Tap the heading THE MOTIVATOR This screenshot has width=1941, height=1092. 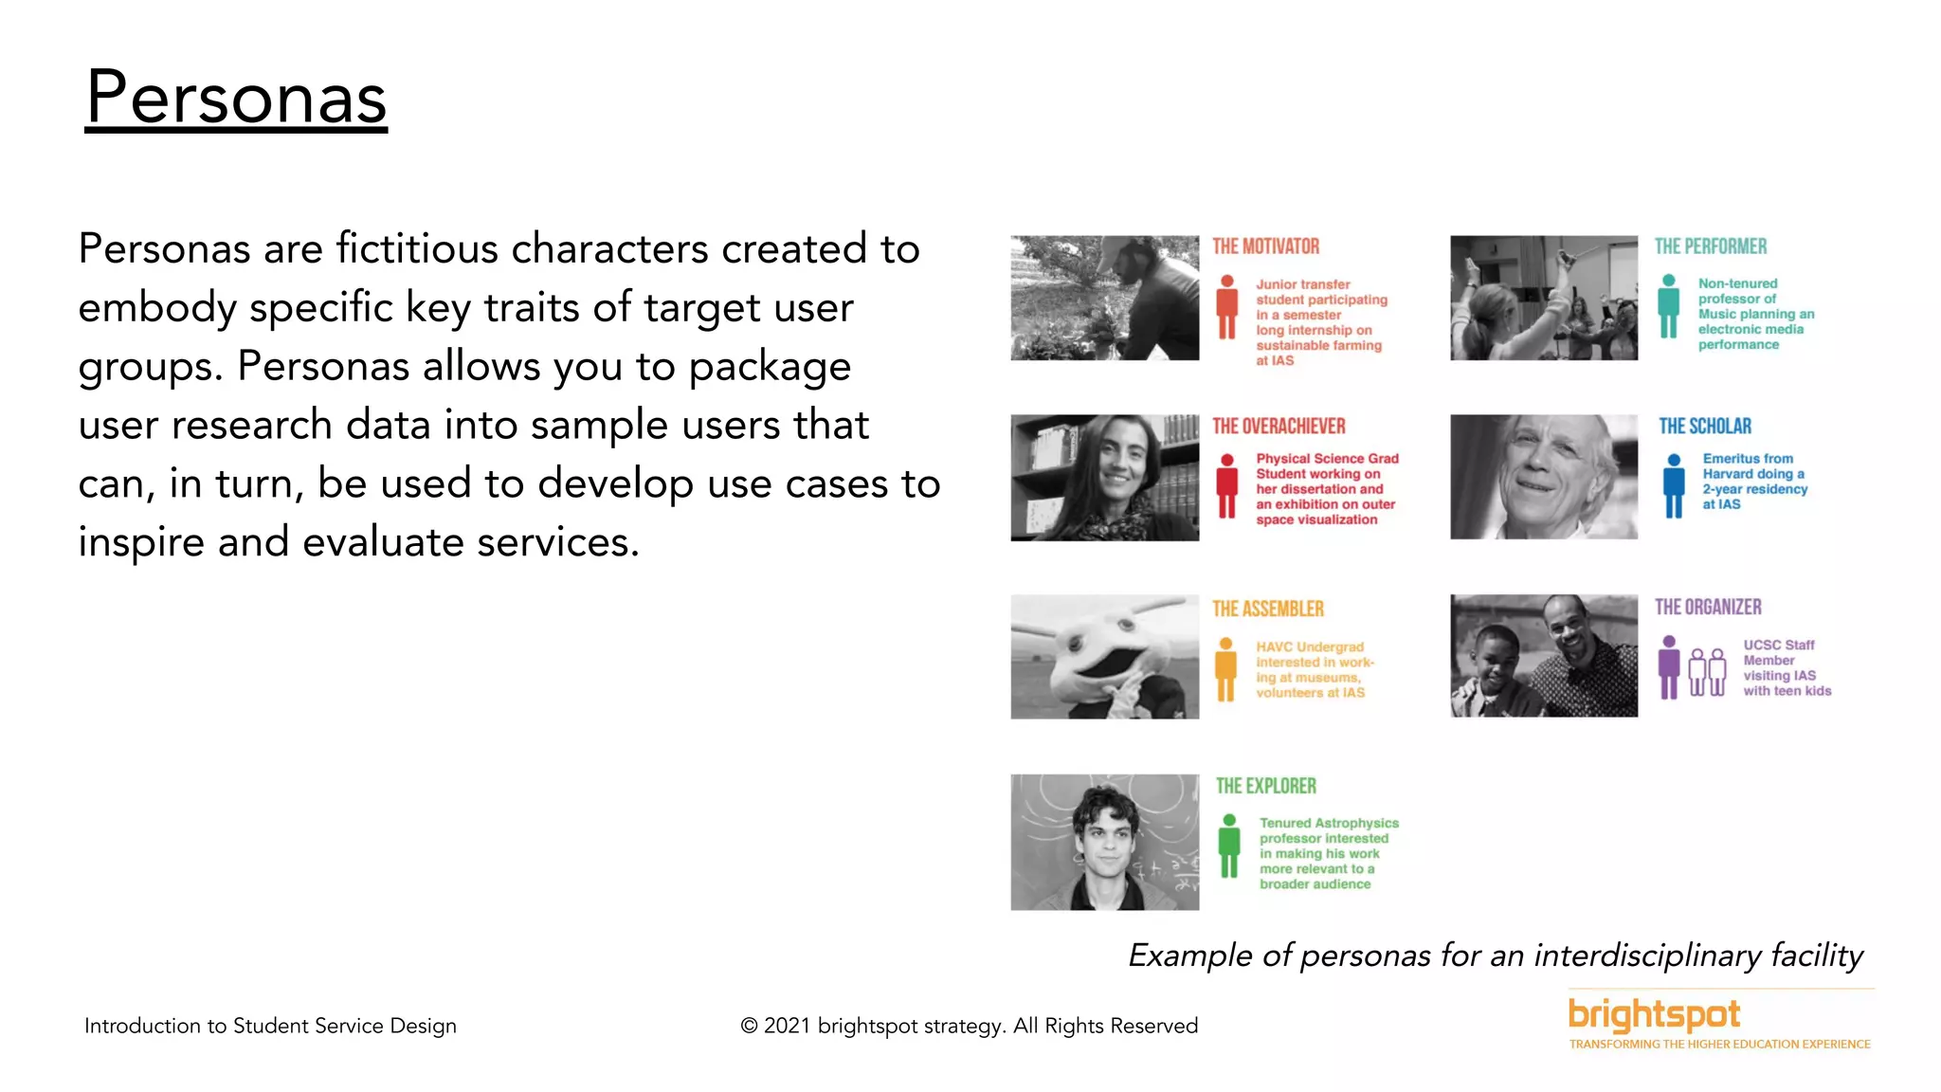1265,246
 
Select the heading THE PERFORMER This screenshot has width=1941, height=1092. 1710,246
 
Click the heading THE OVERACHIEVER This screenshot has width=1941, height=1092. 1279,427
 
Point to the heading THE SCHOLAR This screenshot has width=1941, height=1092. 1704,427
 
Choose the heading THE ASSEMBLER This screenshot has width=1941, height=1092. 1267,609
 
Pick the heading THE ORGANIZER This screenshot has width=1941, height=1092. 1708,607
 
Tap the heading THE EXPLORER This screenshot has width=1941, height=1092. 1265,786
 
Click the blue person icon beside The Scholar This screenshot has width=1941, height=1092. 1674,485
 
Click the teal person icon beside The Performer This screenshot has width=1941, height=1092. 1669,306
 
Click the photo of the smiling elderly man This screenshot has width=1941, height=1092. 1543,477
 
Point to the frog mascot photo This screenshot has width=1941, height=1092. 1104,656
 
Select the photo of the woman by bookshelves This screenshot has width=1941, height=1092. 1104,477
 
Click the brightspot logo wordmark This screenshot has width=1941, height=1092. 1654,1014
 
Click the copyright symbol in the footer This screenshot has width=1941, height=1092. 749,1026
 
